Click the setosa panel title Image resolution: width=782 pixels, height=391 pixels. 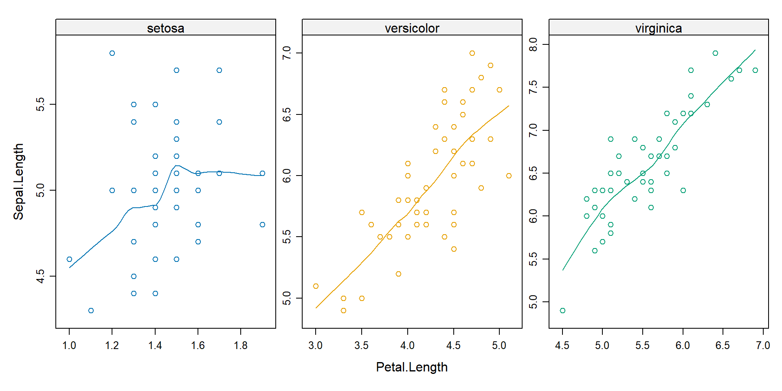pos(165,28)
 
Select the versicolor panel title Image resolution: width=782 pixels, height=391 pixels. pos(412,28)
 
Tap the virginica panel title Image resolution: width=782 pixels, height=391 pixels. pos(658,28)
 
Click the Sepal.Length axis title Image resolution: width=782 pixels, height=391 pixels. pos(19,181)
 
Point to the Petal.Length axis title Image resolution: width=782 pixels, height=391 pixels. pos(411,367)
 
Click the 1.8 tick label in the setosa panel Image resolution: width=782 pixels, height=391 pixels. pos(241,345)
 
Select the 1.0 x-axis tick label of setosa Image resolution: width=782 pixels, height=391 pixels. pos(69,345)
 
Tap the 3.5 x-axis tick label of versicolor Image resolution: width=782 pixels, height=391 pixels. pos(361,345)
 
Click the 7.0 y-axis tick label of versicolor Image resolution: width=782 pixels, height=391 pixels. pos(287,53)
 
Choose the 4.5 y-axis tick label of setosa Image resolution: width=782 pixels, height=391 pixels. pos(40,276)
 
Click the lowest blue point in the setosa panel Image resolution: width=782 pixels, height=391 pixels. pos(91,310)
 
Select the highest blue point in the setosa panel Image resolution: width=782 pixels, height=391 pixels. pos(112,53)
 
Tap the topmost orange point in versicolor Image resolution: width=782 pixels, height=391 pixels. pos(472,53)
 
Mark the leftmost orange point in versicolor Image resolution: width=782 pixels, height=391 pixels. pos(316,286)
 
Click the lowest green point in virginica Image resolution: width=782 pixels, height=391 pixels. pos(562,310)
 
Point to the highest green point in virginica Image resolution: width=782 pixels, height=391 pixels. pos(715,53)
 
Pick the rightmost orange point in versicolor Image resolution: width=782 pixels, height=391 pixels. pos(509,176)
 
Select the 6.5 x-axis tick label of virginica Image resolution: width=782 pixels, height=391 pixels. pos(723,345)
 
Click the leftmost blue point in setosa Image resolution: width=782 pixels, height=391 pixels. pos(69,259)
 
